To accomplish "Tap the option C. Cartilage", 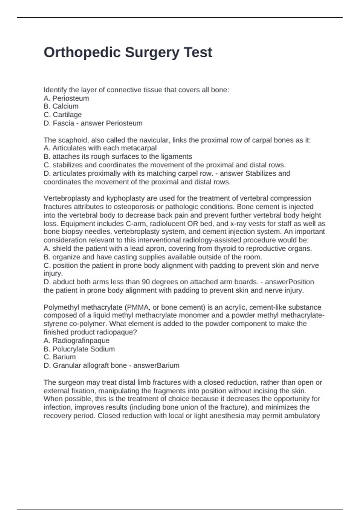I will pos(62,115).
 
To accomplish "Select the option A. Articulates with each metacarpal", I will pos(100,148).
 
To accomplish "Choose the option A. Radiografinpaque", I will pos(76,340).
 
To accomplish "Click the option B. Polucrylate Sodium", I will pos(79,349).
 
